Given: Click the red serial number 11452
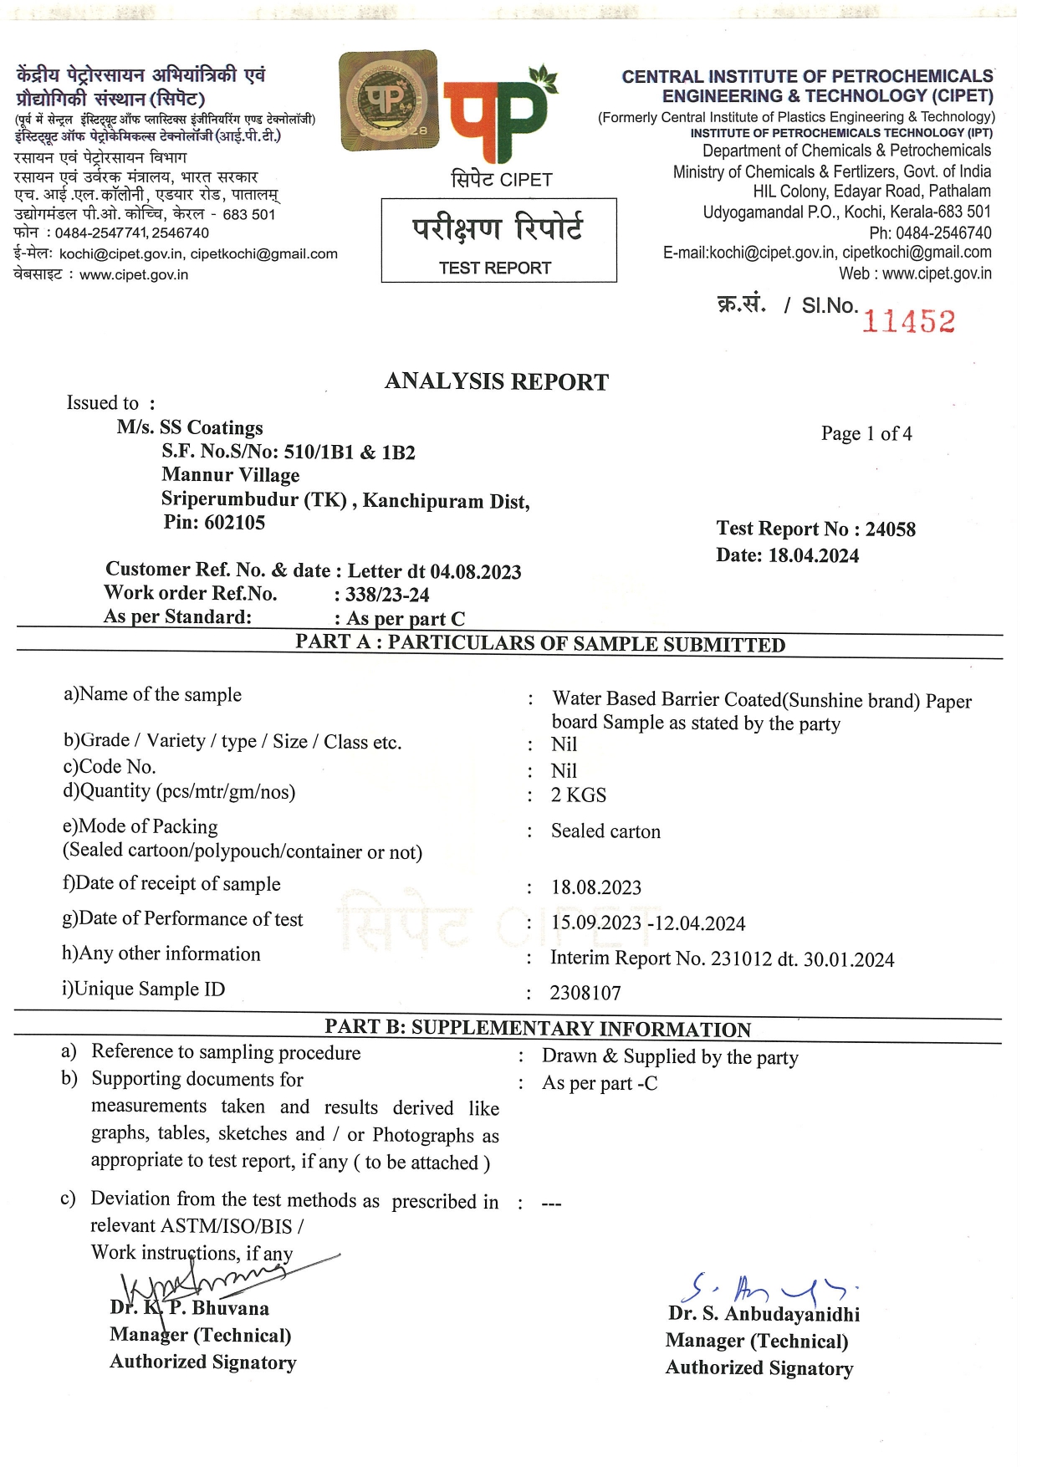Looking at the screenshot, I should [908, 321].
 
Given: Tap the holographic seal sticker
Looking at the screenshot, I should [388, 100].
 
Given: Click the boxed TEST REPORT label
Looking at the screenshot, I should [495, 268].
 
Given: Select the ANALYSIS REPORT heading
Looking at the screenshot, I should [497, 381].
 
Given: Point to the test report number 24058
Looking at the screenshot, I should [890, 529].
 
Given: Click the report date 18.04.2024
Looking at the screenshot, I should [813, 555].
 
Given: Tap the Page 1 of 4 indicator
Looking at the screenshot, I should [866, 433].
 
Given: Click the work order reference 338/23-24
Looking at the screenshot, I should [387, 595].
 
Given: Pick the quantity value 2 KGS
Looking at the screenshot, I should [579, 795].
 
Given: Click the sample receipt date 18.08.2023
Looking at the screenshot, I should [596, 887].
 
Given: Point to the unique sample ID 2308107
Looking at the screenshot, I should [585, 993].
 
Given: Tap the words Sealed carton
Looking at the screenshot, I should [605, 831].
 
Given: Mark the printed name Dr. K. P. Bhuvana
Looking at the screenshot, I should [190, 1308].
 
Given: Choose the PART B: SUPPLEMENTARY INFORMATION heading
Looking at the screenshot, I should [538, 1029].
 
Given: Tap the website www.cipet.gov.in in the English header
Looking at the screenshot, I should [937, 273].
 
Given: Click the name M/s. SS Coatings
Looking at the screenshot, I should [190, 427].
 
